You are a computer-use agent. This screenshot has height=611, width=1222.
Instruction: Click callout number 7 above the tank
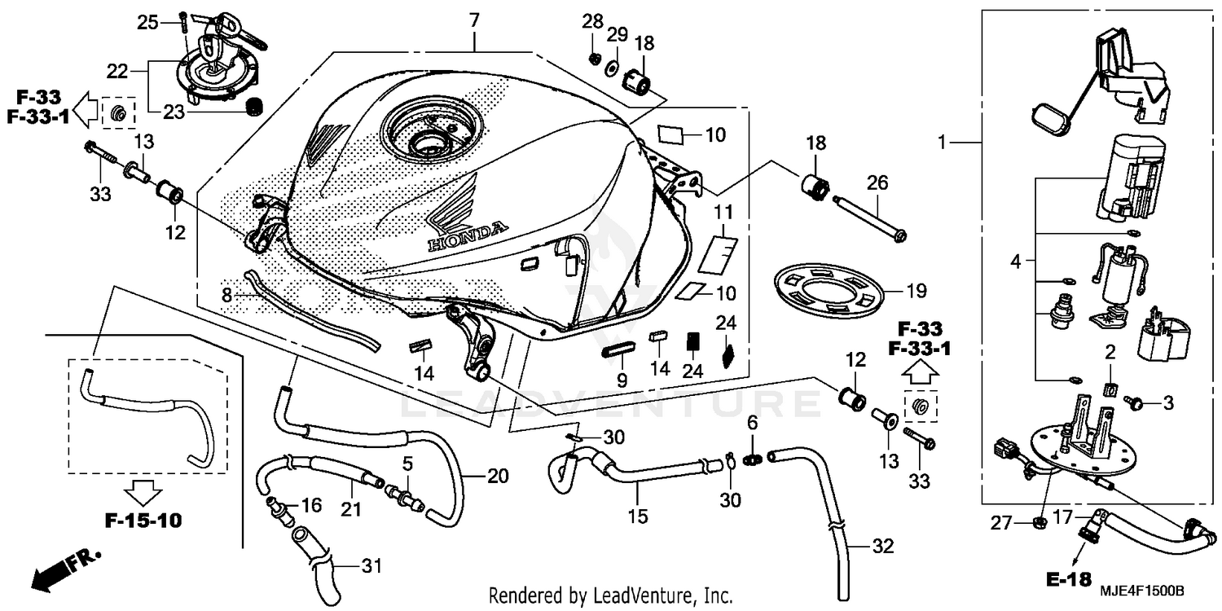click(474, 18)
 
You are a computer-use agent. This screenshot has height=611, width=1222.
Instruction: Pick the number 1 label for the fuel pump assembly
click(943, 143)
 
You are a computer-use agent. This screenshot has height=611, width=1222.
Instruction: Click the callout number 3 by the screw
click(1167, 402)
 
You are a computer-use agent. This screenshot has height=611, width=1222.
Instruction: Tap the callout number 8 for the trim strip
click(227, 295)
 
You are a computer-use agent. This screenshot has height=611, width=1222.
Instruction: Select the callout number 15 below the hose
click(639, 516)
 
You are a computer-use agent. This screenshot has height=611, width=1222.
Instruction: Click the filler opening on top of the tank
click(427, 141)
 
